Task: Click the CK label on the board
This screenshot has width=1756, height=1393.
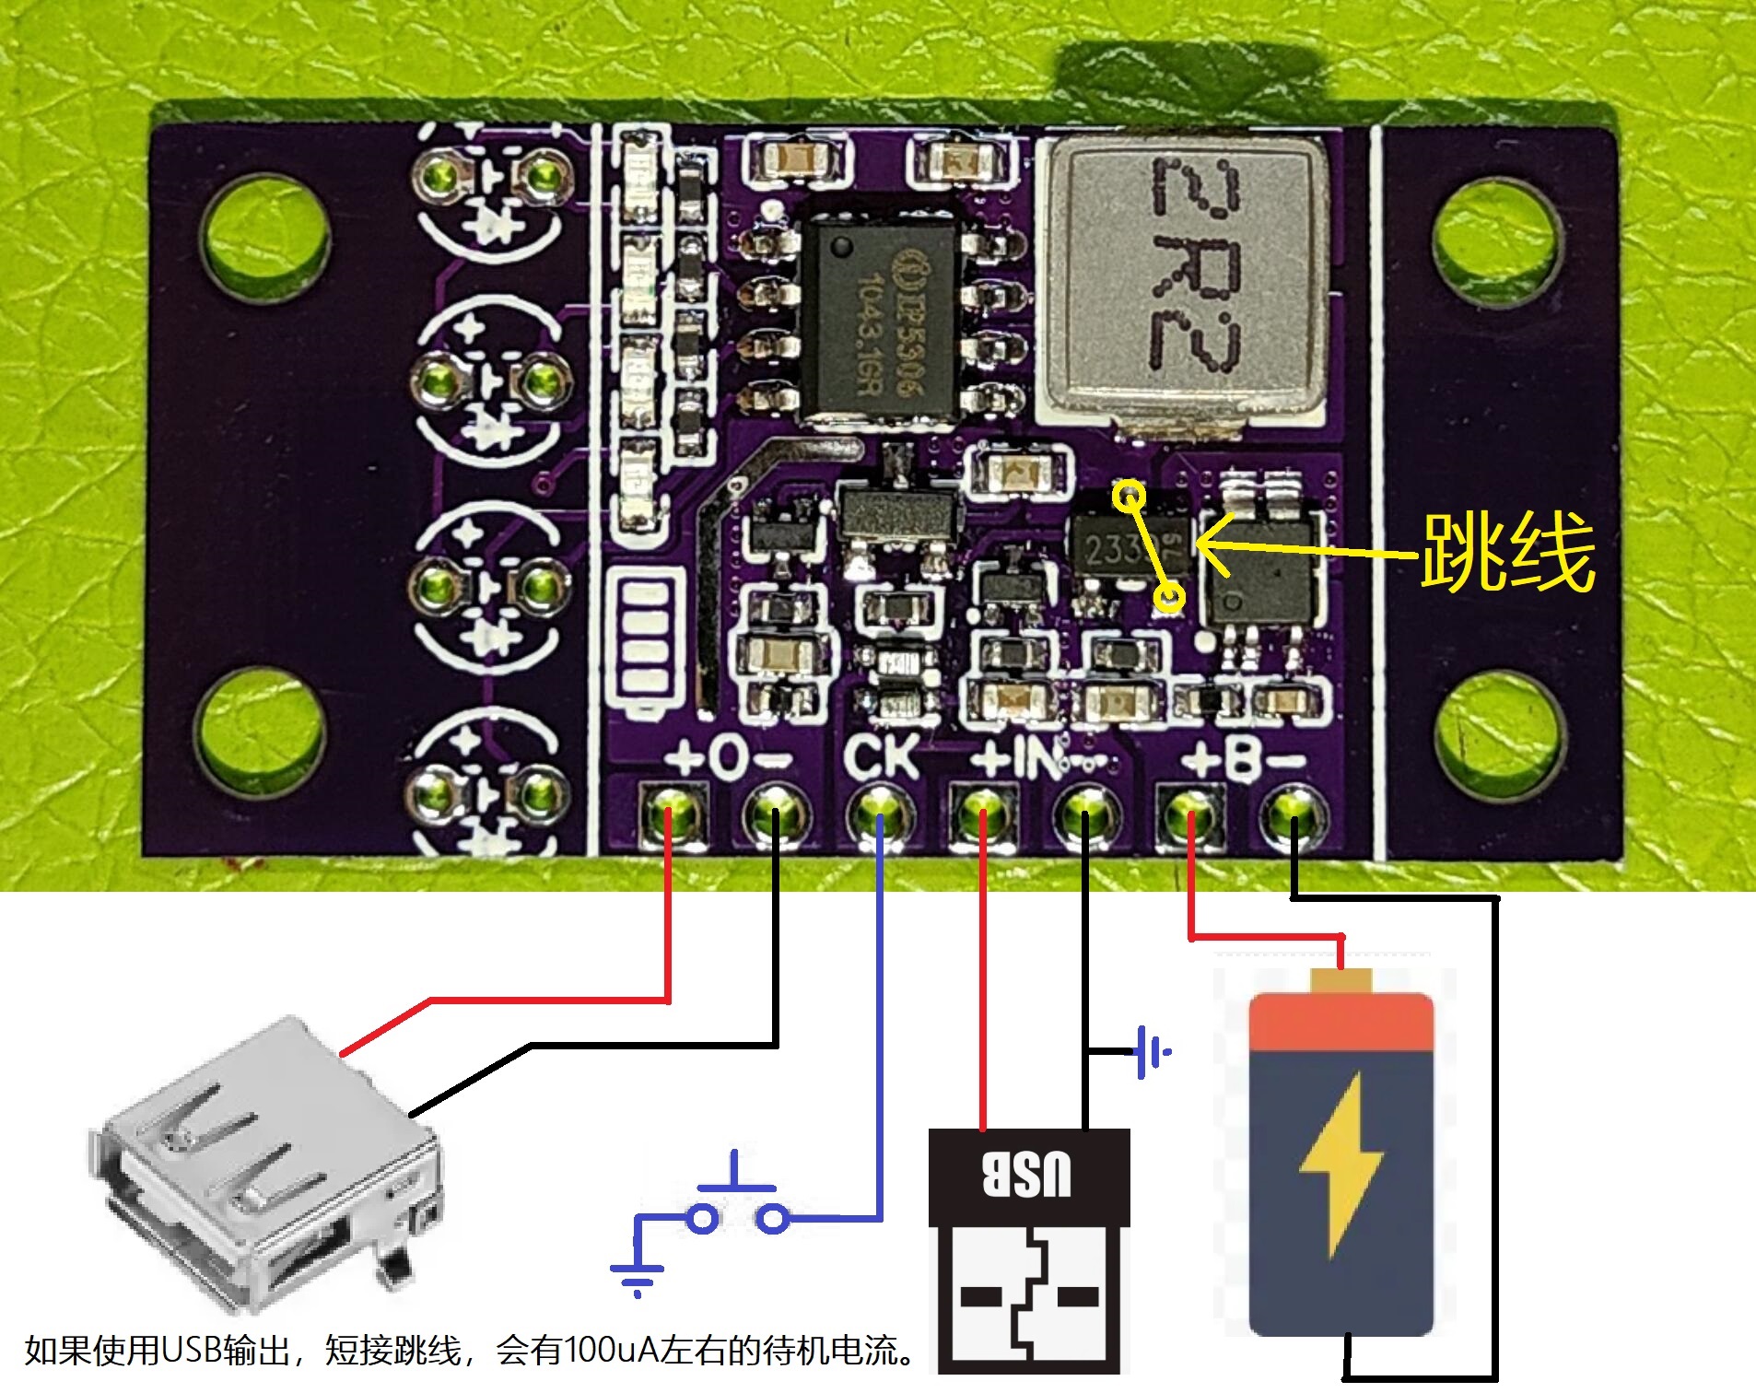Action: point(881,757)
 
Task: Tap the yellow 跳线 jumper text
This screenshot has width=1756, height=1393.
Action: point(1507,552)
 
